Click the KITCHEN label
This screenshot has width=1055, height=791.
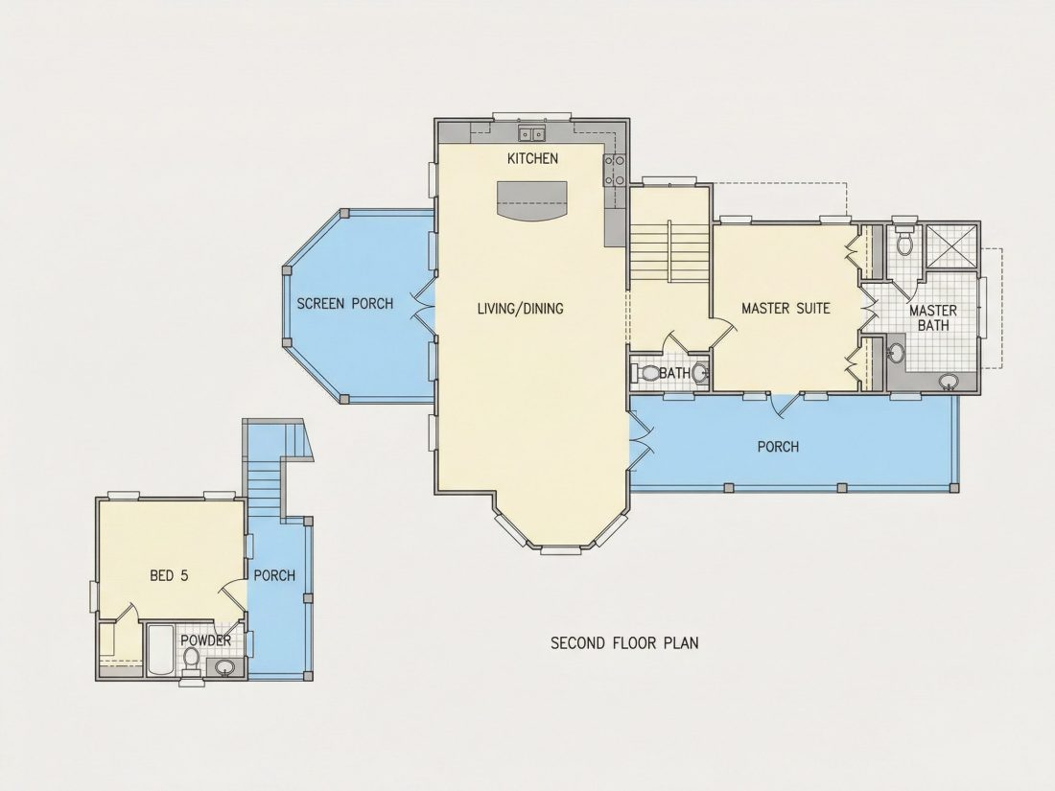[x=532, y=159]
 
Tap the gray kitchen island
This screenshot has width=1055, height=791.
[x=531, y=199]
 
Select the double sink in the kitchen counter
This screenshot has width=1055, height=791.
[x=531, y=133]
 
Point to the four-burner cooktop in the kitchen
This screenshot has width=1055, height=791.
[x=614, y=170]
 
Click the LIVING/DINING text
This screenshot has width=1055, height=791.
[x=520, y=309]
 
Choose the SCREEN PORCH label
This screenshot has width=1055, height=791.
[x=345, y=304]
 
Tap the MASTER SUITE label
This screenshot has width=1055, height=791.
[x=785, y=309]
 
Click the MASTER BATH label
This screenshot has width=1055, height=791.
[x=933, y=317]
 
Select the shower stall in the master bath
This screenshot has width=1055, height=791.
[x=951, y=245]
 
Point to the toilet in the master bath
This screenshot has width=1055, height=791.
[x=904, y=240]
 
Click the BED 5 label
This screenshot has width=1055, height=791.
[x=169, y=576]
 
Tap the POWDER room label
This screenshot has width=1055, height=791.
[x=206, y=640]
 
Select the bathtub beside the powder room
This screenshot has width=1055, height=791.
[x=161, y=649]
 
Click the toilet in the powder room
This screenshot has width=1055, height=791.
[x=191, y=660]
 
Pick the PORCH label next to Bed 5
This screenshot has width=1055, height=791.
[x=274, y=576]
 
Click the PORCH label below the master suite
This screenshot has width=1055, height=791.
[x=779, y=447]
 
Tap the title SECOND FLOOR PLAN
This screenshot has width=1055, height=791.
[x=624, y=643]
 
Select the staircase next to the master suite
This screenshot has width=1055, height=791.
[x=669, y=250]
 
